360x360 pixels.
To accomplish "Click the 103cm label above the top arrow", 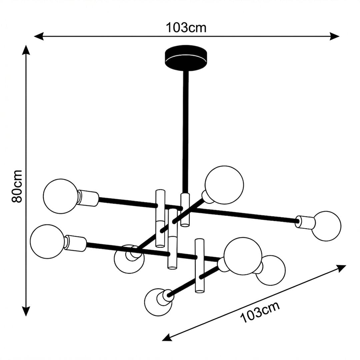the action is (186, 28).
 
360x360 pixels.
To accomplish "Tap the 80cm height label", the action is (17, 186).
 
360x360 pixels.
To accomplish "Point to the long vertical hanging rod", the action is (186, 132).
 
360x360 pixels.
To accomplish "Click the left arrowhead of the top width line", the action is (39, 36).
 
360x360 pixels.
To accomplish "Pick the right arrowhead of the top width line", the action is (335, 36).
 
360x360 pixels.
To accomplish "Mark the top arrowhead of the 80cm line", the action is (26, 50).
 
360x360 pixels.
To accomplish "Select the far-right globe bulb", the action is (326, 226).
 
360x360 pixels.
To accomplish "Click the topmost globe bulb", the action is (224, 185).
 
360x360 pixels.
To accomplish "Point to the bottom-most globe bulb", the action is (158, 302).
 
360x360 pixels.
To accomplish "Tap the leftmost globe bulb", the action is (48, 242).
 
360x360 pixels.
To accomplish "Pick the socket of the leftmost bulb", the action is (75, 243).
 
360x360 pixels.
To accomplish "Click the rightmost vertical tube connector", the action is (200, 266).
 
